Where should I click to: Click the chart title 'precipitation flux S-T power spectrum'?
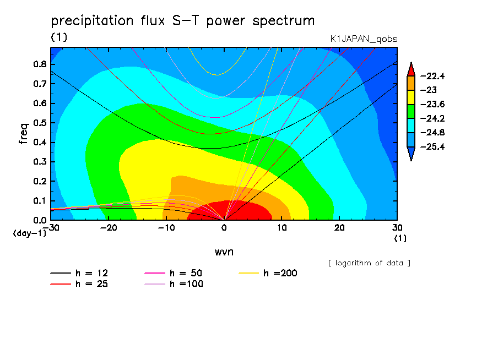point(183,21)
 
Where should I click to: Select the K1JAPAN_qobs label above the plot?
point(364,39)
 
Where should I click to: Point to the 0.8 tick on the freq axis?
point(40,64)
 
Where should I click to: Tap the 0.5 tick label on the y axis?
point(40,123)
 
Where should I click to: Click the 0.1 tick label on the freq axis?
point(40,201)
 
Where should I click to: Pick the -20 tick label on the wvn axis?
point(109,228)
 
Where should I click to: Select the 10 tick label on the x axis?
point(282,228)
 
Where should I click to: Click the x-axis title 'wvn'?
point(224,252)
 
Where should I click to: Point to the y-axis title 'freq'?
point(24,134)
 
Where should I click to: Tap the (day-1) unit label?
point(30,233)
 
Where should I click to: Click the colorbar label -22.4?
point(432,76)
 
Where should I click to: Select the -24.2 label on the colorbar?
point(432,119)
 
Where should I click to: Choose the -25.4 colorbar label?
point(432,147)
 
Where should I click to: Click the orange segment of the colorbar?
point(411,83)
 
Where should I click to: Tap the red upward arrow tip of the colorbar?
point(411,63)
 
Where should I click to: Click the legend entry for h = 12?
point(79,273)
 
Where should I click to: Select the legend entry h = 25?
point(79,284)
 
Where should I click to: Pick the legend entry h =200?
point(268,273)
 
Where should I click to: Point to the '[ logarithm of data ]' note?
point(370,263)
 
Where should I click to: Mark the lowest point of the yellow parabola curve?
point(217,75)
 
